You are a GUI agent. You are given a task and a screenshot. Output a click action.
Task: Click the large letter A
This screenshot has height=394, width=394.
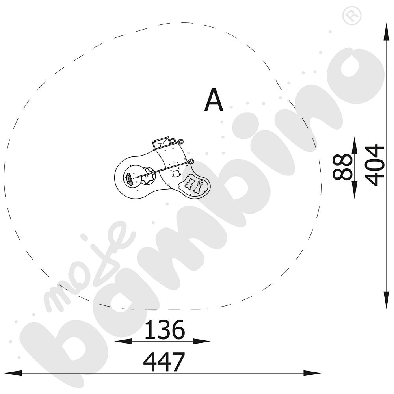214,100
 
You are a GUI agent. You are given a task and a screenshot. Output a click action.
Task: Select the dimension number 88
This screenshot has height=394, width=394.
342,167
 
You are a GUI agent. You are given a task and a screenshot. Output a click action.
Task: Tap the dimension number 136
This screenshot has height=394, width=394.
165,329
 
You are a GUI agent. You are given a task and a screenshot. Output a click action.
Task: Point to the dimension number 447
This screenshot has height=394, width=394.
164,362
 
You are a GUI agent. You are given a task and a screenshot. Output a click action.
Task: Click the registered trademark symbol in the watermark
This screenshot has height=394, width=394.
352,16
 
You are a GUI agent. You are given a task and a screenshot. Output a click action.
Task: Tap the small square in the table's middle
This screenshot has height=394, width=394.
176,173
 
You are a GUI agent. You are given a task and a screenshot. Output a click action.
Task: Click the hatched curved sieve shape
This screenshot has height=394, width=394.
129,179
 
